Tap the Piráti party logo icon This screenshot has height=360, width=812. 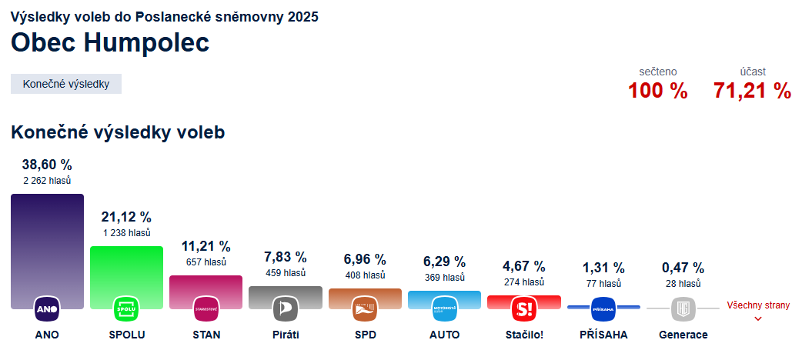click(x=286, y=309)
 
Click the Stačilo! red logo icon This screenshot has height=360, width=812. click(x=524, y=309)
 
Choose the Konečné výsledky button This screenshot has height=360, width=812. click(x=66, y=84)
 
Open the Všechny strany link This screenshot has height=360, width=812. click(x=758, y=306)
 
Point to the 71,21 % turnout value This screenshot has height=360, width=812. click(x=752, y=91)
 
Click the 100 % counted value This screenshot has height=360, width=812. click(x=657, y=91)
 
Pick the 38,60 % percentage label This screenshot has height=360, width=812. click(x=47, y=165)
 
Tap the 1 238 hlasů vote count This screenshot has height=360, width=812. click(x=126, y=232)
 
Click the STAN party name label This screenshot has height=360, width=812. click(x=206, y=335)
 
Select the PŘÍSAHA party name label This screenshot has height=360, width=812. click(x=603, y=335)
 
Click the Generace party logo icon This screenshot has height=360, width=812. click(x=683, y=309)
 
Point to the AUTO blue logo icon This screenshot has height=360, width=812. click(x=445, y=309)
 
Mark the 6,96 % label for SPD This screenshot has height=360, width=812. click(x=365, y=259)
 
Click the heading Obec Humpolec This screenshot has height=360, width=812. click(x=110, y=43)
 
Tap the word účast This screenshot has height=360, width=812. click(x=753, y=72)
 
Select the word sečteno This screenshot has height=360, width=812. click(x=658, y=72)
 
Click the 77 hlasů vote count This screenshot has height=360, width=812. click(x=603, y=283)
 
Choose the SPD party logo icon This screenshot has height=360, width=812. click(x=365, y=309)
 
